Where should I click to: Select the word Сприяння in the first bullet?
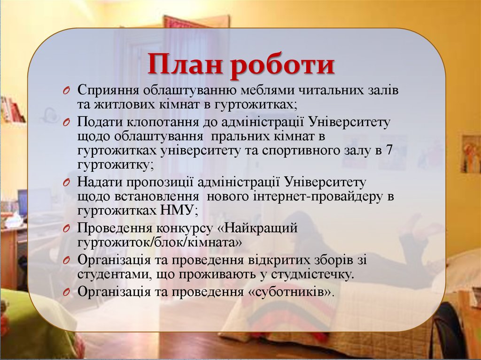point(109,90)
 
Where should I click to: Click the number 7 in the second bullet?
point(388,151)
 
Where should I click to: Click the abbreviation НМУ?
point(175,211)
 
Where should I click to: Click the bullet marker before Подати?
point(67,123)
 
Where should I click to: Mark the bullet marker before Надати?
point(67,182)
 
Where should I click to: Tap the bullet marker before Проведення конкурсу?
point(67,229)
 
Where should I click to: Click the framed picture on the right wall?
point(470,154)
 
